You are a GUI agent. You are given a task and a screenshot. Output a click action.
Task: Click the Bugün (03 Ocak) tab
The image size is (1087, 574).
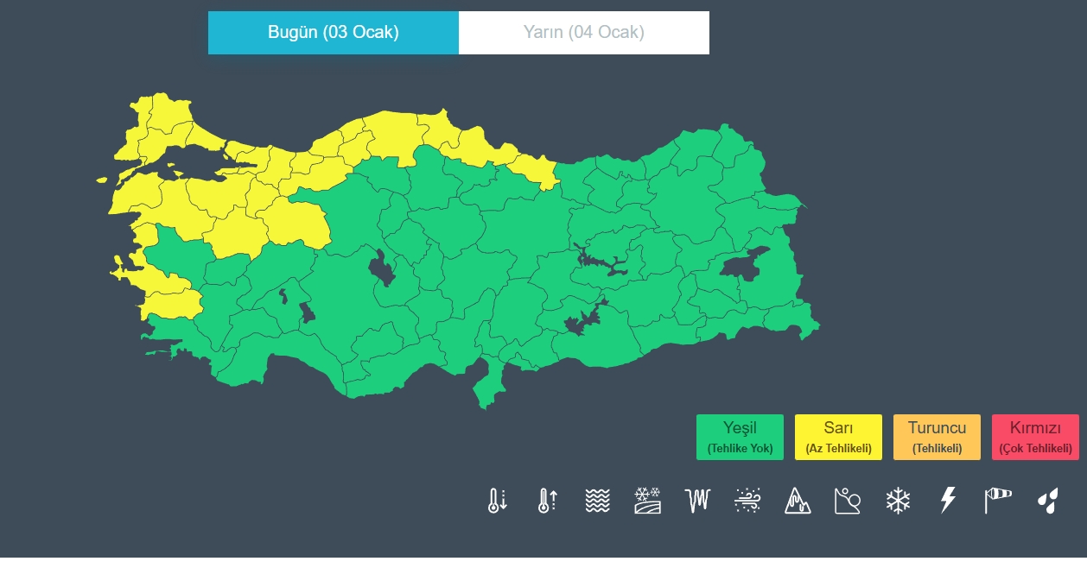coord(333,33)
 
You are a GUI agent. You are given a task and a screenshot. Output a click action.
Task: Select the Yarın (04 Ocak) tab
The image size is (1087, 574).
coord(583,33)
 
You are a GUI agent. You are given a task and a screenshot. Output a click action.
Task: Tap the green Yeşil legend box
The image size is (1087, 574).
coord(740,437)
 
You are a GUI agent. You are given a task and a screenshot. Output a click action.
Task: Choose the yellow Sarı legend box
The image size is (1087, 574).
coord(838,437)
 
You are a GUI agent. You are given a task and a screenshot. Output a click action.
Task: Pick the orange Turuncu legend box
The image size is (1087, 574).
coord(937,437)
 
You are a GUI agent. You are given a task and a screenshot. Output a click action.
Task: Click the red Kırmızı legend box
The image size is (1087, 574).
coord(1035,437)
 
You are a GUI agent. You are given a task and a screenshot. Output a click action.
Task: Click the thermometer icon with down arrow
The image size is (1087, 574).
coord(497,501)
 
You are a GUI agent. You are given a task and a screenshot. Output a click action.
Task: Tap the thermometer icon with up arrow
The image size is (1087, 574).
coord(547,501)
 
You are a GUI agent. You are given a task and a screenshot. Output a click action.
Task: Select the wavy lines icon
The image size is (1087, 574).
coord(597,501)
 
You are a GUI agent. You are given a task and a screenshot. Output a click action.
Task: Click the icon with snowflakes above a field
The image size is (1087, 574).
coord(647,501)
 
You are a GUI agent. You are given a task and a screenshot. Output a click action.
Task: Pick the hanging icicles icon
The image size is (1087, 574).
coord(697,501)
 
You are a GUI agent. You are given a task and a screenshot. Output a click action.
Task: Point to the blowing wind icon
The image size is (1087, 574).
coord(747,501)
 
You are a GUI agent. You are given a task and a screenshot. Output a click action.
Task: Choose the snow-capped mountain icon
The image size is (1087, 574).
coord(798,501)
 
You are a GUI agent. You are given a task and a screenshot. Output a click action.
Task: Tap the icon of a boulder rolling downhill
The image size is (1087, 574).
coord(848,501)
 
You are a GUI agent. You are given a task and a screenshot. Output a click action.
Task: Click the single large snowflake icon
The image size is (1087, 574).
coord(898,501)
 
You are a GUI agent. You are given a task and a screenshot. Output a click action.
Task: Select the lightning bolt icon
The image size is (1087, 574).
coord(948,501)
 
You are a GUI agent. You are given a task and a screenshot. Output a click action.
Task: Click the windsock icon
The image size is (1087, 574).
coord(997,501)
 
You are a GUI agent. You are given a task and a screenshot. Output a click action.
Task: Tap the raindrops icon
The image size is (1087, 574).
coord(1047,501)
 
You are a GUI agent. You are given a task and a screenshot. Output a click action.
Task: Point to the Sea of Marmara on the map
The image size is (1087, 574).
coord(186,162)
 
